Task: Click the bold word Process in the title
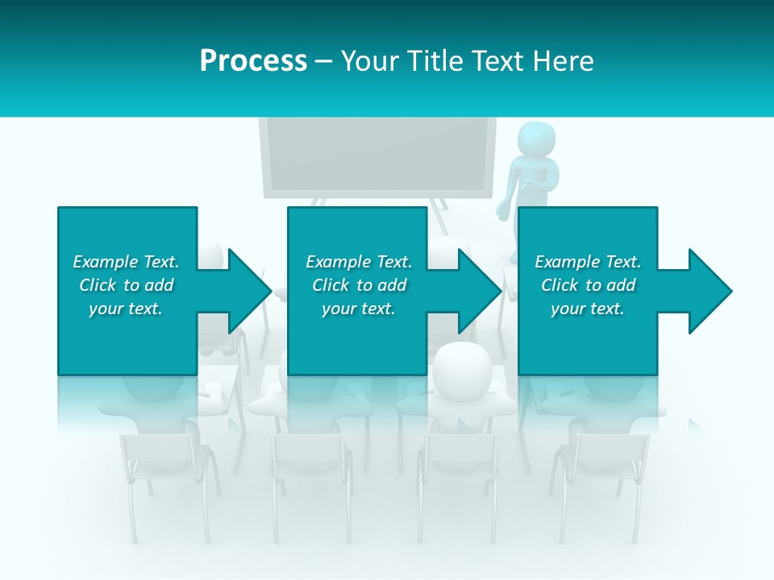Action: click(x=253, y=61)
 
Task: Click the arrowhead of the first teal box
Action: click(x=242, y=291)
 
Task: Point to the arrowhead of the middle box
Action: click(x=472, y=291)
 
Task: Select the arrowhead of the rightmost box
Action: click(x=703, y=291)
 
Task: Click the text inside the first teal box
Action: click(x=126, y=285)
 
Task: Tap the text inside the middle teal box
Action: click(x=358, y=285)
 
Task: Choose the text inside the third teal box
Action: click(x=588, y=285)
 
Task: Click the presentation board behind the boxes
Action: click(x=377, y=157)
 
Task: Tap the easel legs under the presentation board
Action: click(x=440, y=213)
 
